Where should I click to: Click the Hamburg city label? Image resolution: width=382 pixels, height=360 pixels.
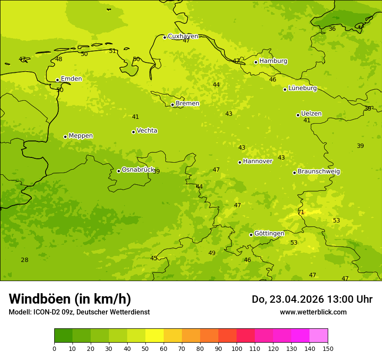point(273,61)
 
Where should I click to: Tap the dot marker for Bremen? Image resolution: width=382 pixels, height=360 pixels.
point(172,105)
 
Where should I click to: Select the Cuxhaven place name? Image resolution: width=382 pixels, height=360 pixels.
point(183,36)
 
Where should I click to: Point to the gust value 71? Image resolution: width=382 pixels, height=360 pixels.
point(301,212)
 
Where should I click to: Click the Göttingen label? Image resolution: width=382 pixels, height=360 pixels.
point(269,233)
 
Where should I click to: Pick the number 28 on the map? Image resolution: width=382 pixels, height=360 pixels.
point(25,260)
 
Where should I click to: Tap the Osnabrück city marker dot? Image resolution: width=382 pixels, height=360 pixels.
point(119,171)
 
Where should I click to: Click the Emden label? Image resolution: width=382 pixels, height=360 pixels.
point(71,79)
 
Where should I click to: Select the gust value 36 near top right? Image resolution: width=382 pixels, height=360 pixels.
point(332,29)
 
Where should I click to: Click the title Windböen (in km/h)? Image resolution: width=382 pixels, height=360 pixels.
point(70,299)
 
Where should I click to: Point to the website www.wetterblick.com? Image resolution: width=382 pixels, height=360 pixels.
point(313,312)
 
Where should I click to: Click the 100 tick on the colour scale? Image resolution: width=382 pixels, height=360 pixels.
point(237,348)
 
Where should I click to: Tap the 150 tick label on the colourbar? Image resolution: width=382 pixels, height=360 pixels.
point(328,348)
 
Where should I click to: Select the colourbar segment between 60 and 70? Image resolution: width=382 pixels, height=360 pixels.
point(172,336)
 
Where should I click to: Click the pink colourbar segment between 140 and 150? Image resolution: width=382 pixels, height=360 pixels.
point(319,336)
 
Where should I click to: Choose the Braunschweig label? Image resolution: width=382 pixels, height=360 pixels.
point(319,172)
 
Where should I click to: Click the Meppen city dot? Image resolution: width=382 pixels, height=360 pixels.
point(65,137)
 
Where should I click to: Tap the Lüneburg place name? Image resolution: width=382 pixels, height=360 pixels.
point(302,88)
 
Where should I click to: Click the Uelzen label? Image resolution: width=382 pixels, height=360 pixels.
point(311,114)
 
